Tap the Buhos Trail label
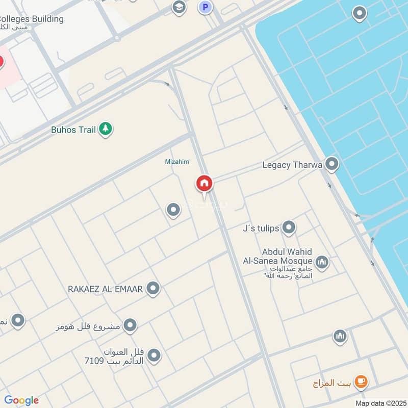[x=73, y=130]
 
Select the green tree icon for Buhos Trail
[x=106, y=129]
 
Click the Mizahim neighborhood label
[x=177, y=162]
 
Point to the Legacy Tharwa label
[x=292, y=165]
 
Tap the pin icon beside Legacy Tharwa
[x=332, y=164]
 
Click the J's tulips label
[x=261, y=228]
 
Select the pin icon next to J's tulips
[x=289, y=227]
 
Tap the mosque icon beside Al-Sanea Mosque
[x=322, y=263]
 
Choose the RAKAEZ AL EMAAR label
[x=106, y=289]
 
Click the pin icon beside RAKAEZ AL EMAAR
[x=153, y=289]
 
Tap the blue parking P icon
[x=205, y=7]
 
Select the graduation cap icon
[x=178, y=7]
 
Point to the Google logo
[x=21, y=400]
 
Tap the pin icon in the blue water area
[x=360, y=14]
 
